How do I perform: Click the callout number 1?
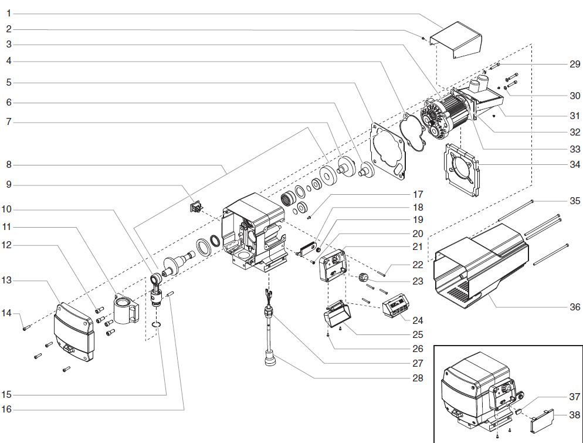coord(9,13)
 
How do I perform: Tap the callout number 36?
coord(575,307)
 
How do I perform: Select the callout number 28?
coord(417,378)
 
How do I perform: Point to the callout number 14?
coord(6,313)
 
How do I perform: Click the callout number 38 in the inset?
coord(575,414)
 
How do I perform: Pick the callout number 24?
coord(417,320)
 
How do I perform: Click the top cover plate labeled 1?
coord(457,39)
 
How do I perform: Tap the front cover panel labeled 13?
coord(73,332)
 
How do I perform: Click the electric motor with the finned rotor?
coord(452,114)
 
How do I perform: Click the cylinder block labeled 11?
coord(127,310)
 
